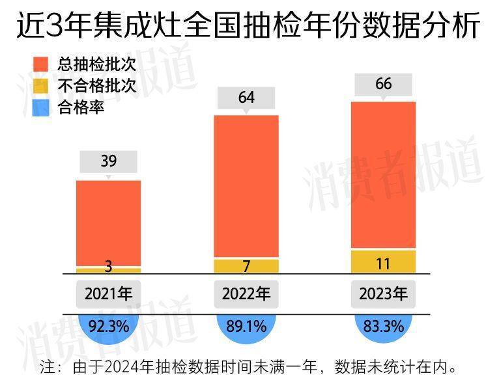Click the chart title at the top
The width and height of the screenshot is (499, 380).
tap(249, 27)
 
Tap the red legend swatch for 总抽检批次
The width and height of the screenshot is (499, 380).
tap(40, 64)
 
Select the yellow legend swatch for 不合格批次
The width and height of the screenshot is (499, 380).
tap(40, 86)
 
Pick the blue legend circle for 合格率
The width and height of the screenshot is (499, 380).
tap(40, 107)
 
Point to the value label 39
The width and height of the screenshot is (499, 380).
tap(108, 161)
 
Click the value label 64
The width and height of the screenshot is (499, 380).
tap(246, 98)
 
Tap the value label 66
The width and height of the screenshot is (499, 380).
tap(384, 85)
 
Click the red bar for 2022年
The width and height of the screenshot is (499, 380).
tap(246, 186)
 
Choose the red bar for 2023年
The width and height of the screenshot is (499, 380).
tap(384, 174)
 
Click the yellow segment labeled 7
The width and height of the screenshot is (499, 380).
tap(246, 265)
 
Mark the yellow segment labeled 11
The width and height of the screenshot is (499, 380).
tap(384, 262)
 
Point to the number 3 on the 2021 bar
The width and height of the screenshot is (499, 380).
tap(108, 267)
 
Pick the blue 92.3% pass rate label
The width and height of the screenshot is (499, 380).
tap(108, 326)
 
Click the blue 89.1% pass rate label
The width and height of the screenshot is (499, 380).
tap(246, 326)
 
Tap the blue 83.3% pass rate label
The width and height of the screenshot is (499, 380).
tap(384, 326)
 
